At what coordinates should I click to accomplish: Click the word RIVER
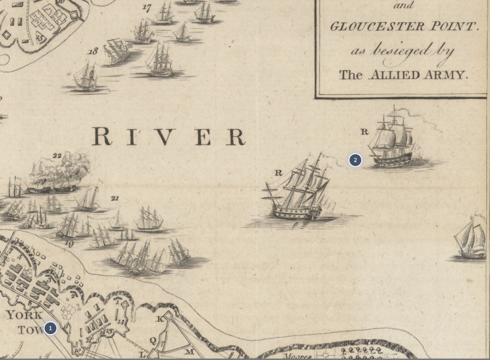coord(169,137)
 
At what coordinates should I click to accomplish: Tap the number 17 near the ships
coord(147,8)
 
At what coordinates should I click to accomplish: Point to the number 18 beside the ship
coord(92,52)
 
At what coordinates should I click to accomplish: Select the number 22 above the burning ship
coord(57,155)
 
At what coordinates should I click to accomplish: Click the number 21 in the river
coord(115,198)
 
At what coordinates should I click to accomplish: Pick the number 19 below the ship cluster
coord(69,244)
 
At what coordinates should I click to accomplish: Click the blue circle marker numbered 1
coord(50,328)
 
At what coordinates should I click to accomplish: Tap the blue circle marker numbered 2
coord(355,160)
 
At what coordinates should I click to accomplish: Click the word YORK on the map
coord(24,315)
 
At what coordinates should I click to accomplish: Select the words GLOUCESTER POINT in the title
coord(404,26)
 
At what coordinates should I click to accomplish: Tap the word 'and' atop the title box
coord(404,6)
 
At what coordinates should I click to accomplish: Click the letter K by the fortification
coord(160,319)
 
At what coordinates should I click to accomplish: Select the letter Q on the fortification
coord(153,341)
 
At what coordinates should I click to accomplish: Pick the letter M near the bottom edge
coord(189,352)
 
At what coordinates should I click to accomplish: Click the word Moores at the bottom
coord(298,356)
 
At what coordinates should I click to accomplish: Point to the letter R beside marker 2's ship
coord(364,131)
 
